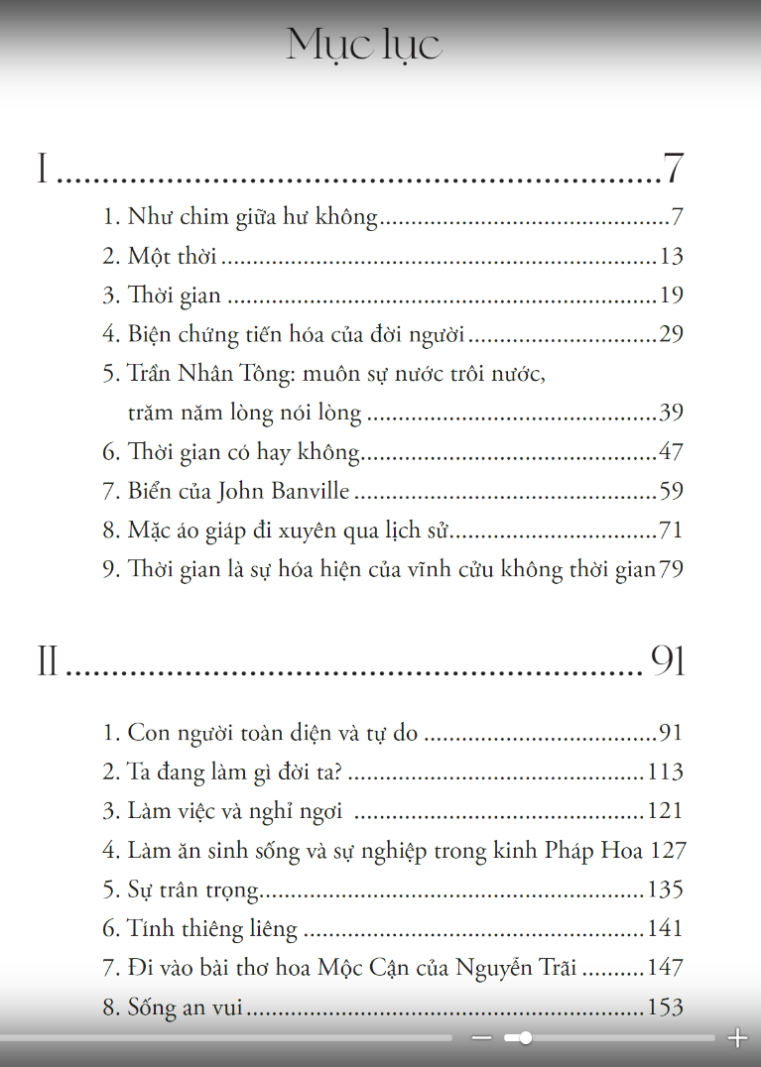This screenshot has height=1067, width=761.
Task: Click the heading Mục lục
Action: [x=364, y=46]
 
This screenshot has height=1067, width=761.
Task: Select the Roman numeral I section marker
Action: [x=43, y=170]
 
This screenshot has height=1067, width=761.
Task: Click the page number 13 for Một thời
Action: [x=671, y=257]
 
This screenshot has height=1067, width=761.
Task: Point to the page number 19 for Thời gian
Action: [x=671, y=296]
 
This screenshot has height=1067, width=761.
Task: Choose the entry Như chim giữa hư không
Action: [x=253, y=218]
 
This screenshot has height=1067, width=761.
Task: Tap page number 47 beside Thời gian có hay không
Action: [x=671, y=452]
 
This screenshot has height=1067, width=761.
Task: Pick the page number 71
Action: [x=671, y=531]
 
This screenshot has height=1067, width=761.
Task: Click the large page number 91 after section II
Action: [x=668, y=661]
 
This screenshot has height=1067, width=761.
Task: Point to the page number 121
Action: [x=665, y=811]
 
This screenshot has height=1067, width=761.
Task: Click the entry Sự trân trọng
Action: [x=193, y=889]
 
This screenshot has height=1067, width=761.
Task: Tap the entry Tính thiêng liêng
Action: [x=212, y=929]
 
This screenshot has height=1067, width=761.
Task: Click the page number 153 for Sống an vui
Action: [x=665, y=1008]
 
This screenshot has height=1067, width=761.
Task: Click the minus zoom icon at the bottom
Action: [x=482, y=1038]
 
